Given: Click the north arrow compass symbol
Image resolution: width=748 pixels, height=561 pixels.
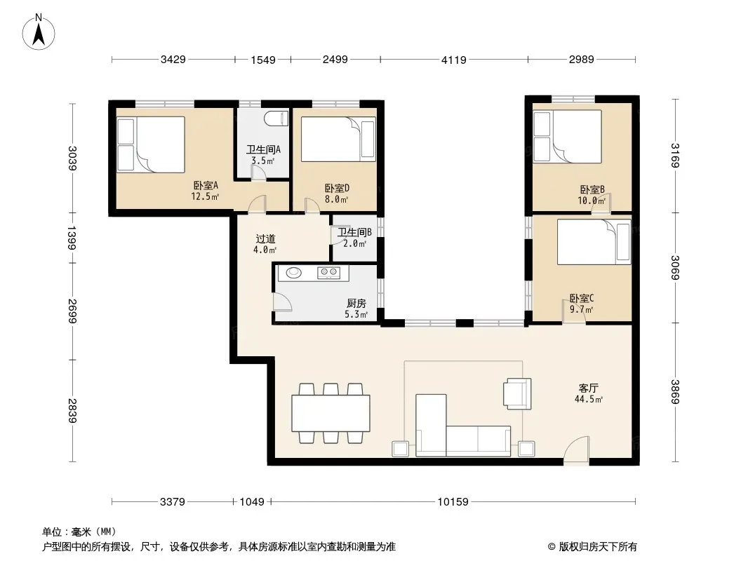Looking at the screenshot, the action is click(x=39, y=32).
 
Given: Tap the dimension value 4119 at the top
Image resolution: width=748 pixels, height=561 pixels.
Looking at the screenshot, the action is click(x=454, y=60).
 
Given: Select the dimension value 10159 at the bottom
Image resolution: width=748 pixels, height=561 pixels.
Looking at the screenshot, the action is click(x=453, y=501).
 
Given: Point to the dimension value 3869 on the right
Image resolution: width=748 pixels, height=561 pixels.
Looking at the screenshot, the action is click(x=675, y=392).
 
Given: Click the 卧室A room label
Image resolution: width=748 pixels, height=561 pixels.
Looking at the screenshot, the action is click(x=206, y=185).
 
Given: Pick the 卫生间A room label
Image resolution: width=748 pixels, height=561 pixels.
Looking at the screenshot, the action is click(x=263, y=149).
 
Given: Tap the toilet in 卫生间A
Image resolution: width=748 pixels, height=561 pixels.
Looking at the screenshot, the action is click(x=276, y=119).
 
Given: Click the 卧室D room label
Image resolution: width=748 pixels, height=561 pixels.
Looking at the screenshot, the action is click(x=337, y=188).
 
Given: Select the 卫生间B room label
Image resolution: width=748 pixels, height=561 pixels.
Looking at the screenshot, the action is click(x=354, y=232).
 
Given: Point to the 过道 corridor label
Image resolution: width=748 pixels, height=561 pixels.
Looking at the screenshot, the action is click(x=265, y=239).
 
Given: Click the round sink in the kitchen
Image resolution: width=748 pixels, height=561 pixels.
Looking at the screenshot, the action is click(x=293, y=273).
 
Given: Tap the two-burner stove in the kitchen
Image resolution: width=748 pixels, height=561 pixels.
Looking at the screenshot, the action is click(x=329, y=272).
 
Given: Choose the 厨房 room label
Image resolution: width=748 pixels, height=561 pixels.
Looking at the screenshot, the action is click(x=356, y=303).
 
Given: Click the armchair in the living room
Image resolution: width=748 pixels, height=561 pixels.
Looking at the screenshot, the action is click(x=517, y=393).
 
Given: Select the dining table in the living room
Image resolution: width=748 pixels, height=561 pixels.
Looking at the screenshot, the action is click(x=331, y=413).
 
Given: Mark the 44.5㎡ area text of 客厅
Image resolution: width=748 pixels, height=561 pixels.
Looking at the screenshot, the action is click(x=588, y=399).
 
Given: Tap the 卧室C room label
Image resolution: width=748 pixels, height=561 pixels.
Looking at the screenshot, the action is click(x=582, y=298).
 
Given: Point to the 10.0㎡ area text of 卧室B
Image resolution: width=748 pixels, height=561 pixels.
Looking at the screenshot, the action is click(x=592, y=201).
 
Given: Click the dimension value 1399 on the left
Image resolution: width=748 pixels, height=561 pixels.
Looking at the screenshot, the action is click(x=72, y=237).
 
